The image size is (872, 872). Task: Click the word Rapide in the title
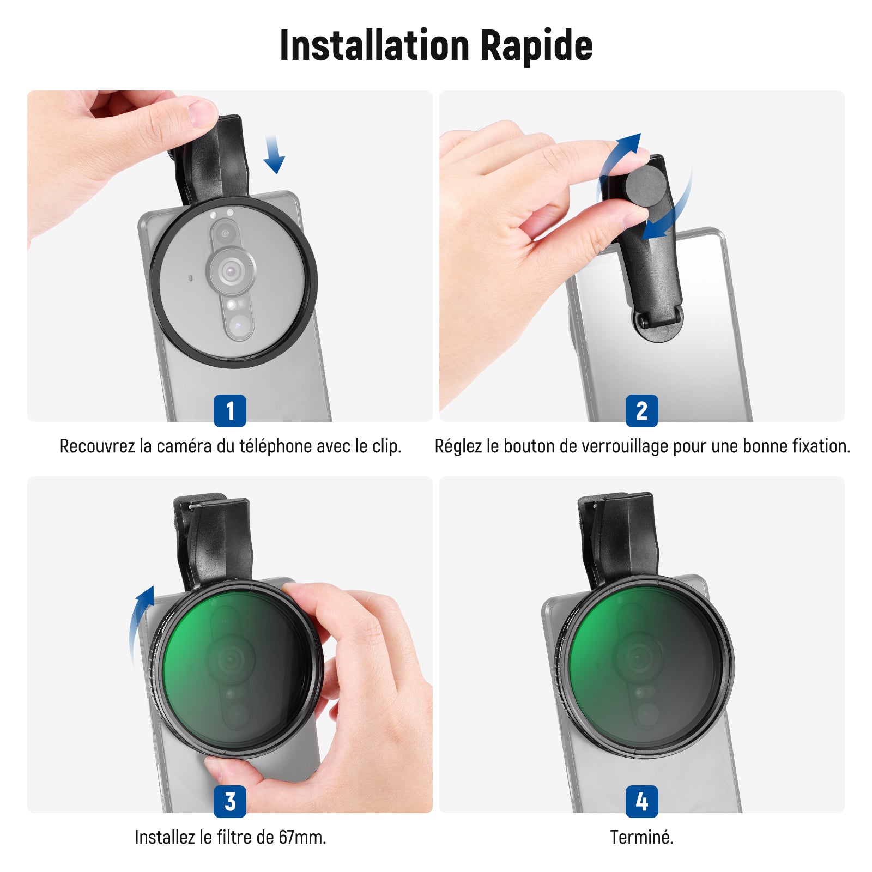click(536, 45)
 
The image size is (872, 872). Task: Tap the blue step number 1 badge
click(230, 411)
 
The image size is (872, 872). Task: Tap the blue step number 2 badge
click(642, 411)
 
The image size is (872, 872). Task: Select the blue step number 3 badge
click(230, 802)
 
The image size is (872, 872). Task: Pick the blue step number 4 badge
click(642, 802)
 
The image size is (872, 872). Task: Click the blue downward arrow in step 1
click(274, 155)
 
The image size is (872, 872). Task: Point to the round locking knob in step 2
click(646, 185)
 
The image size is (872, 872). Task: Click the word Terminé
click(641, 837)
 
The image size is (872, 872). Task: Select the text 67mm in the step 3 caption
click(302, 837)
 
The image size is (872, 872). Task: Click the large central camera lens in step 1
click(231, 269)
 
